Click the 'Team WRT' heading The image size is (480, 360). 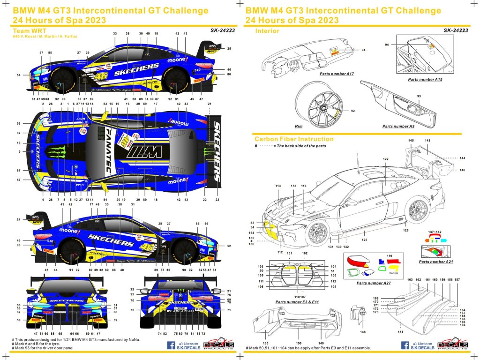(x=30, y=30)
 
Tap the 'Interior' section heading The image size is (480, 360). (x=267, y=31)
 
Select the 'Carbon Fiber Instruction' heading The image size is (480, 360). (x=294, y=139)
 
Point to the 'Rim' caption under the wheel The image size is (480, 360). (x=299, y=126)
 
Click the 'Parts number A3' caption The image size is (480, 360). (x=398, y=126)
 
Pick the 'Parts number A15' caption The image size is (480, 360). (x=425, y=80)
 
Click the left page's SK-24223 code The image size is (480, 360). (x=223, y=30)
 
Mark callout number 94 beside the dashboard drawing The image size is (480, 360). (x=363, y=50)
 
